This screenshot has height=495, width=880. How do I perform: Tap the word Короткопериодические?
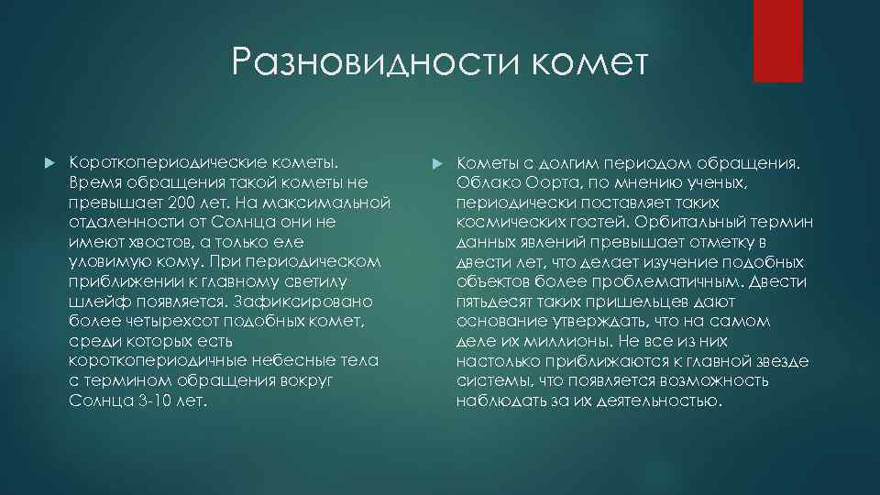point(157,161)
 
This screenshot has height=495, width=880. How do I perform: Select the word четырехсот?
point(159,322)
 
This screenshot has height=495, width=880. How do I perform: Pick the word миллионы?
point(566,341)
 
